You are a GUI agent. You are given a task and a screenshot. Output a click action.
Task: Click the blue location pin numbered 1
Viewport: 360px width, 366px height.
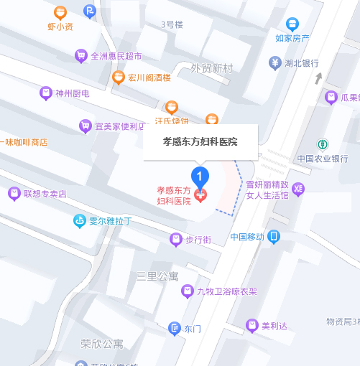point(200,174)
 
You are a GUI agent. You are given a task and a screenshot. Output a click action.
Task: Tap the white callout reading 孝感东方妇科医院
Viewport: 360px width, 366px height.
point(200,141)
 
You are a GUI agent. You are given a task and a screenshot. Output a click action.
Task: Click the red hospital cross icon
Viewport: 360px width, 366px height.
point(200,194)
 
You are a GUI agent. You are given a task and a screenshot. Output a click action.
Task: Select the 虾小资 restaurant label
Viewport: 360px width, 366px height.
point(60,27)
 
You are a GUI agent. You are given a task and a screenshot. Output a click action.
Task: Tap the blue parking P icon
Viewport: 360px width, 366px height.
point(89,10)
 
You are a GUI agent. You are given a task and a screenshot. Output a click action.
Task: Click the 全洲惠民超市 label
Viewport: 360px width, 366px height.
point(116,55)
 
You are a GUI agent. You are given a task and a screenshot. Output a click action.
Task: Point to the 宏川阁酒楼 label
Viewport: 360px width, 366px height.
point(148,78)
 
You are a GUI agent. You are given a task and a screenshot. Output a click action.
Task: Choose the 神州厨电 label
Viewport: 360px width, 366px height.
point(72,93)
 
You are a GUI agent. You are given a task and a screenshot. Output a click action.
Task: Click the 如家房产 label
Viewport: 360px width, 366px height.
point(292,38)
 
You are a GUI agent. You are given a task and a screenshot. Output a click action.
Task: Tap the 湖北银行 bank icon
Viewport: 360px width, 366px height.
point(274,63)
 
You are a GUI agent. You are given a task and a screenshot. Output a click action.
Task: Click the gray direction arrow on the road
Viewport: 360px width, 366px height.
point(318,77)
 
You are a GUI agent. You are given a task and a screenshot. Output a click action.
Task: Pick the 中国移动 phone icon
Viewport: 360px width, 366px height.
point(274,236)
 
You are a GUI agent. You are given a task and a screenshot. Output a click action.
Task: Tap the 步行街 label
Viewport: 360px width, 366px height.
point(198,239)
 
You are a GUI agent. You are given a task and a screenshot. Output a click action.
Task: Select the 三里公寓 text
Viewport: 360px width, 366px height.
point(158,276)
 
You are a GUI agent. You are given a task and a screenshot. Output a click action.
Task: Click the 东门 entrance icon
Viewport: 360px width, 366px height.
point(174,329)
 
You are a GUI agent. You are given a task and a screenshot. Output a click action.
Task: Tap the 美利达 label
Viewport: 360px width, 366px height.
point(274,326)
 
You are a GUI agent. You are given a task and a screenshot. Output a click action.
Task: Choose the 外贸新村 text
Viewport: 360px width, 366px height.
point(212,68)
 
